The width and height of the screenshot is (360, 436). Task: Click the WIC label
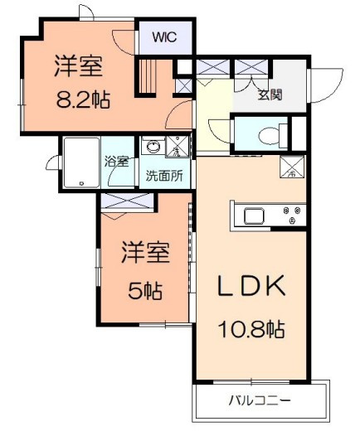pos(164,37)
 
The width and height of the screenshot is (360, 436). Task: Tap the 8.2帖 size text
pos(83,99)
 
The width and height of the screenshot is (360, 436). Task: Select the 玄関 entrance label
pos(270,94)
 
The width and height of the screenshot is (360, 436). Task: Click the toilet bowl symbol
pos(269,136)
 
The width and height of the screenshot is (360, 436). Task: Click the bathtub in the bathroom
pos(81,162)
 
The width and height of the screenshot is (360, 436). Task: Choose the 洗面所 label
pos(164,176)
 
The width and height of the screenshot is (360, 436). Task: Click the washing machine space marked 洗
pos(178,147)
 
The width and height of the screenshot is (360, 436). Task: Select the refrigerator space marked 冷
pos(292,167)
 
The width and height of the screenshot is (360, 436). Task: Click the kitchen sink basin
pos(255,216)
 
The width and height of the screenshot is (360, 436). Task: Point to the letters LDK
pos(251,285)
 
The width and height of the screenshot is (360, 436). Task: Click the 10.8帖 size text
pos(251,330)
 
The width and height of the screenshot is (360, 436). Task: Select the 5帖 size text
pos(145,291)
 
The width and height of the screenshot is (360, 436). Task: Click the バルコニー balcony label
pos(260,400)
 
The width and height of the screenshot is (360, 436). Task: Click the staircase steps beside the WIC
pos(147,77)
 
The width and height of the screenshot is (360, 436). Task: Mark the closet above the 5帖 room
pos(127,201)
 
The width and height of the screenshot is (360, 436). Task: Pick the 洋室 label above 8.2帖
pos(79,66)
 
